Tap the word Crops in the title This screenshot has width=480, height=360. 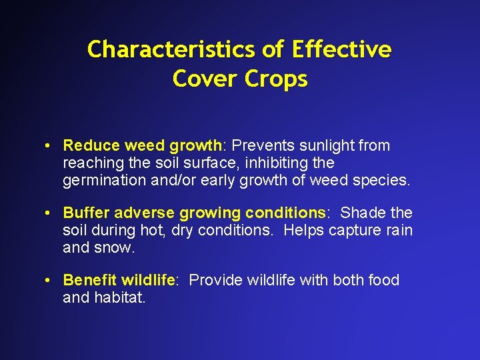(276, 79)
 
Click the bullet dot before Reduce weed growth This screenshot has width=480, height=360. (49, 146)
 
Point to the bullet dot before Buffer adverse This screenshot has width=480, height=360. (49, 213)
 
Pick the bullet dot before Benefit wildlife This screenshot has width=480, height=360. (49, 281)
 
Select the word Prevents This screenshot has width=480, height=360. (260, 145)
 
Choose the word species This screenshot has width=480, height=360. (387, 181)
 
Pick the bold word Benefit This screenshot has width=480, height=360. (89, 280)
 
